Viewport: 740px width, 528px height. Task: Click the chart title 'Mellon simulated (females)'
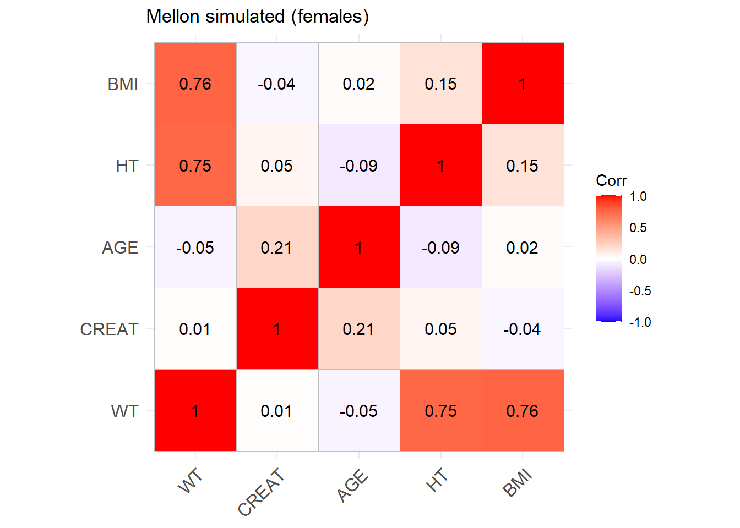click(257, 16)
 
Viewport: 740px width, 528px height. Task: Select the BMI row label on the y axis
click(123, 84)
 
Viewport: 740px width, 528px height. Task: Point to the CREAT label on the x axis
click(262, 492)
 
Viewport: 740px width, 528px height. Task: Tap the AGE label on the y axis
click(120, 248)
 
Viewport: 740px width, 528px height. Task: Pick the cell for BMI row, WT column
click(195, 84)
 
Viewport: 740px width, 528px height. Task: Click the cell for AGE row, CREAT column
click(277, 248)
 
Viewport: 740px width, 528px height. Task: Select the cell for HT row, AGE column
click(359, 166)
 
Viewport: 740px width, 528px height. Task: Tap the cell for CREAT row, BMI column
click(523, 329)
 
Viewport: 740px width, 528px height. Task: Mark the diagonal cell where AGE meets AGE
click(359, 248)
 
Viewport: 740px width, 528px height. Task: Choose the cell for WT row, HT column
click(440, 411)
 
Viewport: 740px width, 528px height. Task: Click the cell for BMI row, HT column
click(440, 84)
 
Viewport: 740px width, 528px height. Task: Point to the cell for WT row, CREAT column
click(277, 411)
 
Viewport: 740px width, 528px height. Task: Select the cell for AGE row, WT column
click(195, 248)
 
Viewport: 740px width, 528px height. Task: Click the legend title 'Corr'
click(611, 180)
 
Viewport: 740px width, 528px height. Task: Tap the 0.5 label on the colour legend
click(638, 228)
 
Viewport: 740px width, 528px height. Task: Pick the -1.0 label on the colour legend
click(640, 322)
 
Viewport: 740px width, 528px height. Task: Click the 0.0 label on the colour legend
click(638, 260)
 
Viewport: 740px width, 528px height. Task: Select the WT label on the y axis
click(124, 411)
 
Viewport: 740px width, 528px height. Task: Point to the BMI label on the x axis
click(518, 482)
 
